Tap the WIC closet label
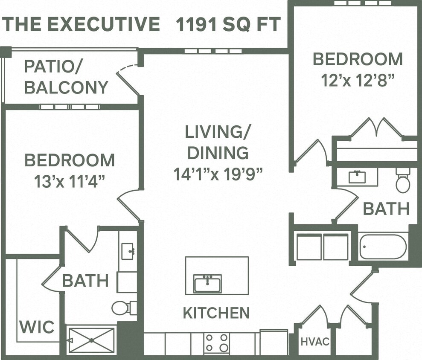(x=37, y=327)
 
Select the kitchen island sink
(x=207, y=284)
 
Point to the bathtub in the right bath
(x=383, y=247)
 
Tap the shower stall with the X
(x=92, y=340)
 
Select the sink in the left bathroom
(x=128, y=251)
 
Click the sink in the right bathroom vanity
(x=357, y=177)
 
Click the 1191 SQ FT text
(x=228, y=24)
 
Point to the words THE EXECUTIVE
(x=81, y=24)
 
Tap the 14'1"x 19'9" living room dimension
(x=218, y=173)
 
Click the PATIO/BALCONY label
(x=66, y=77)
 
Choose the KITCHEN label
(x=216, y=313)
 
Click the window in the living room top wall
(x=213, y=51)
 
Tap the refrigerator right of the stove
(x=274, y=343)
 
